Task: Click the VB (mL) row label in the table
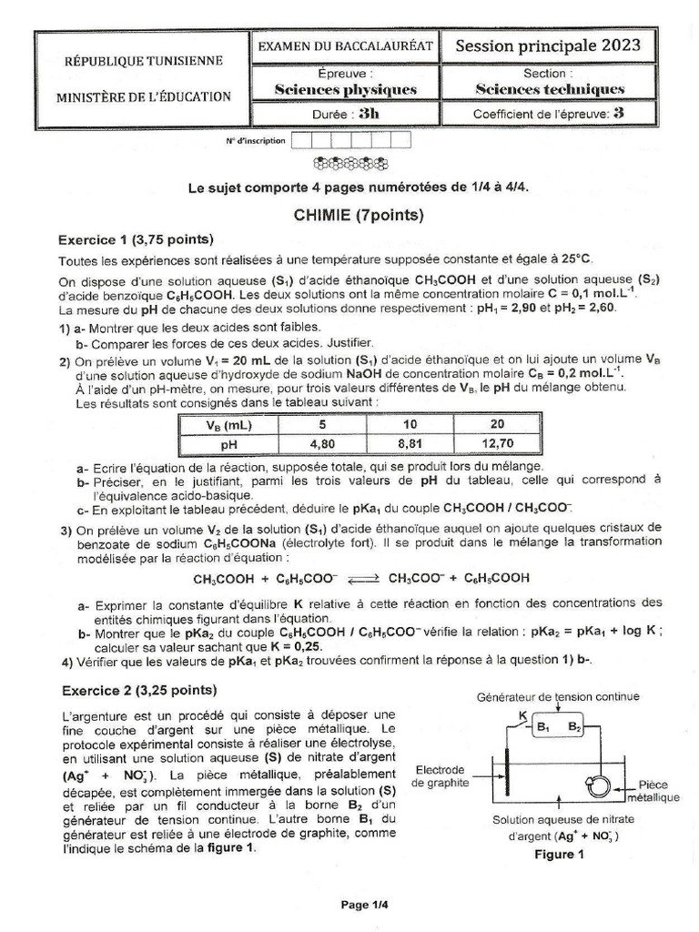click(x=229, y=425)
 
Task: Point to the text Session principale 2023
click(x=548, y=46)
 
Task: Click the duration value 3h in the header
click(x=370, y=115)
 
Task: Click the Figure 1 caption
click(x=554, y=854)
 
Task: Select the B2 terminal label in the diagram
click(x=574, y=727)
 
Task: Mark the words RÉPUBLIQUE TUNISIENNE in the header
click(x=143, y=61)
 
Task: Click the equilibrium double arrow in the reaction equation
click(x=361, y=578)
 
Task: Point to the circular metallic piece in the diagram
click(x=602, y=785)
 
